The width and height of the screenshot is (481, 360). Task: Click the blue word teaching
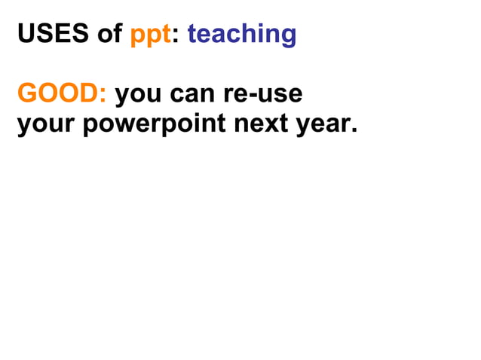241,35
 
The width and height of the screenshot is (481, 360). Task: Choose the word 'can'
191,95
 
